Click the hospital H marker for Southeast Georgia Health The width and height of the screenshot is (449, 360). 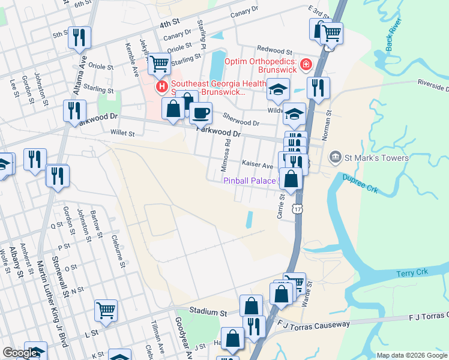coord(161,88)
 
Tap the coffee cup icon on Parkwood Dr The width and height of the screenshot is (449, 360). coord(200,112)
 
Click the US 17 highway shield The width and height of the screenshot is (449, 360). coord(297,208)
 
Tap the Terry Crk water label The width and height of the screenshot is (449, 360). coord(411,274)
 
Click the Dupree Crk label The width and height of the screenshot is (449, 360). coord(360,182)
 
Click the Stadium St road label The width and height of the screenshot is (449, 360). coord(208,312)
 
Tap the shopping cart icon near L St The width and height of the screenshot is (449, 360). coord(106,310)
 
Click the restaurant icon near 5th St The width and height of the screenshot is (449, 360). coord(79,37)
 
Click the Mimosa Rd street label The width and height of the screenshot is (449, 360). coord(228,152)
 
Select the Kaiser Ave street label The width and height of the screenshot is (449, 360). coord(258,164)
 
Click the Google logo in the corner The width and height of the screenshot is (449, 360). coord(20,353)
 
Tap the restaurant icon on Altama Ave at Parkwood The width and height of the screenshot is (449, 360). coord(74,110)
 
